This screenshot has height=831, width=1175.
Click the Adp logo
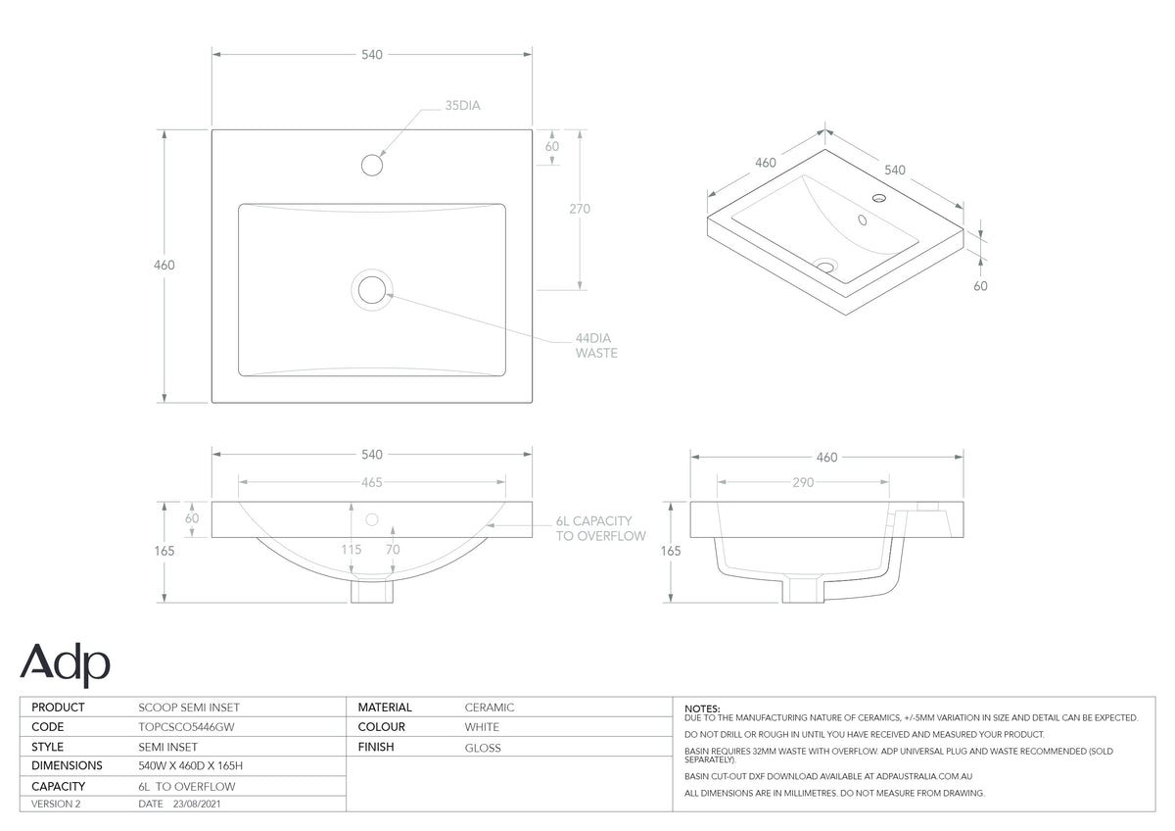(65, 664)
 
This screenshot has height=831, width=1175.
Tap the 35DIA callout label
(462, 106)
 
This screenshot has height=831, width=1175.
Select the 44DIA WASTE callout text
(596, 345)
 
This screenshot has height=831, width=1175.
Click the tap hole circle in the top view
(372, 165)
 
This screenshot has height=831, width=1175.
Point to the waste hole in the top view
(372, 290)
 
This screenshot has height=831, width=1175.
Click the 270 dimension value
(580, 209)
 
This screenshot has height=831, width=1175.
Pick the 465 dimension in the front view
(372, 482)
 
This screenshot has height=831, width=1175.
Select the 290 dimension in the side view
(803, 482)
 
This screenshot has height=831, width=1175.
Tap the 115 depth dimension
(351, 549)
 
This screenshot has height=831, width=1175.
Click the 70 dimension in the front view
(393, 549)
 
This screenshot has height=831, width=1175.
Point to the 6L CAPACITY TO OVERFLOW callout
(600, 528)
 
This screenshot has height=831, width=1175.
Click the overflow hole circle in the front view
(372, 519)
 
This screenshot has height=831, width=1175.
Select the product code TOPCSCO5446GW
(186, 727)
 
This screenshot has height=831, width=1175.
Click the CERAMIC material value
(490, 708)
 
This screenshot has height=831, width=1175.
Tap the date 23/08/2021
(197, 804)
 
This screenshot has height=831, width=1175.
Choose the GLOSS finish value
(483, 748)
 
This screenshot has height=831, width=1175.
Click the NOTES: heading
(702, 709)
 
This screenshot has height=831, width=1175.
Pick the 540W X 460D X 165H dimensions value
(190, 766)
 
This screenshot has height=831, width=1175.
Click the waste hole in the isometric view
(825, 266)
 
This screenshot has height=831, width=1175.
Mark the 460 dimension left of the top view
(164, 266)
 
